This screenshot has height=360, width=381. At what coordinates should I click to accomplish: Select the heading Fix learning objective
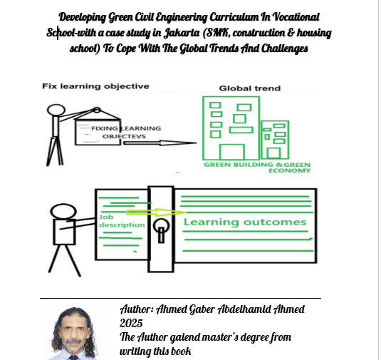click(95, 86)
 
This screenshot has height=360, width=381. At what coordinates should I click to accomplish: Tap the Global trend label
click(250, 88)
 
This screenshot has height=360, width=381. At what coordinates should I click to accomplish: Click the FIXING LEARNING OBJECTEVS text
click(126, 132)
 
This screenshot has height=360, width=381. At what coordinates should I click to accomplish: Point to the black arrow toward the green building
click(160, 143)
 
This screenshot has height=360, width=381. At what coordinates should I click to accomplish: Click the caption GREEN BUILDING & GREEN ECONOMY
click(257, 168)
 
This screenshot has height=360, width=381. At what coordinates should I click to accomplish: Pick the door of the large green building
click(232, 152)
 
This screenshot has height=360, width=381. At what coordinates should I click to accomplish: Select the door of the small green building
click(274, 153)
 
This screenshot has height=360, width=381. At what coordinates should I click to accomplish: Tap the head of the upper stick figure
click(56, 110)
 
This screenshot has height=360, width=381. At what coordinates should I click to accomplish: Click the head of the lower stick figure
click(63, 212)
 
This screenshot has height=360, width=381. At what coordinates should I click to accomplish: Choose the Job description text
click(122, 221)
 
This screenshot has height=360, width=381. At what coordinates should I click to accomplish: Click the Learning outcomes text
click(245, 222)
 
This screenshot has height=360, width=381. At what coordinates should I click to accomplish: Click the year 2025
click(131, 323)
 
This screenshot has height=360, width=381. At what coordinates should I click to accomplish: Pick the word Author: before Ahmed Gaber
click(137, 309)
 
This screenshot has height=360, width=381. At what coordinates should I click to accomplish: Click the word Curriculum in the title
click(234, 17)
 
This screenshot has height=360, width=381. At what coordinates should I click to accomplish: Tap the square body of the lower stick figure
click(64, 232)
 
